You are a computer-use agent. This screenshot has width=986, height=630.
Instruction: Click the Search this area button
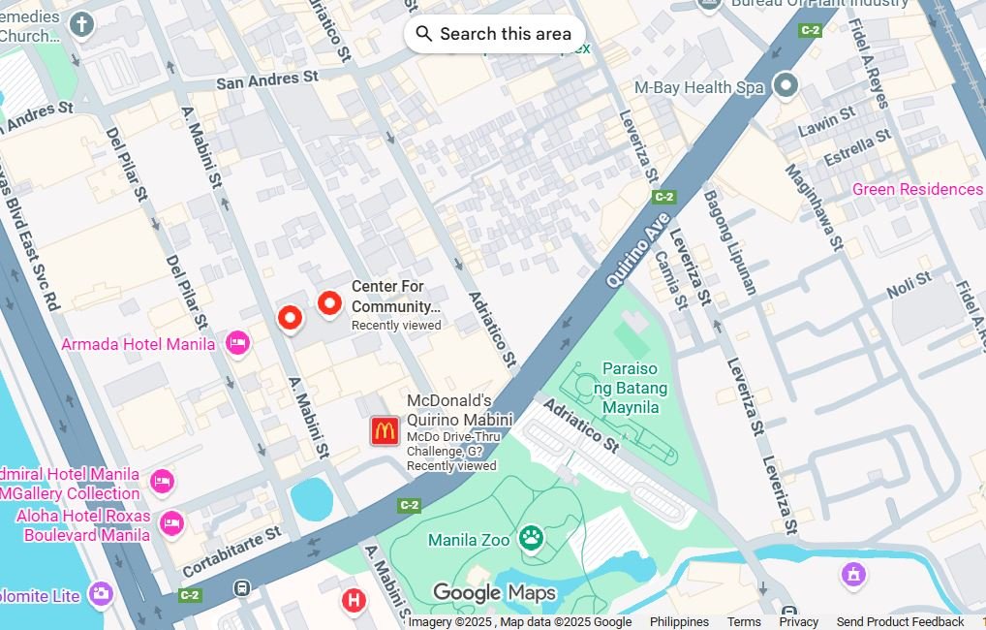pos(494,34)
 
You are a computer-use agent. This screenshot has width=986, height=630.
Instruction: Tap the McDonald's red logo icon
pos(385,431)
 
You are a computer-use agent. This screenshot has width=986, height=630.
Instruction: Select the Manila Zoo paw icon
pos(531,538)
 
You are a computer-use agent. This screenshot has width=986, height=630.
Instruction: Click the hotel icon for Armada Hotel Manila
pos(237,342)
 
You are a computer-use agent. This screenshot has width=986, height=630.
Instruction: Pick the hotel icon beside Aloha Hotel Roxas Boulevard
pos(171,523)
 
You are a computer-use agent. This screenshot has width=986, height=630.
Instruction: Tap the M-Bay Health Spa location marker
pos(786,86)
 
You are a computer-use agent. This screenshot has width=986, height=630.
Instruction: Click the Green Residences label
pos(916,189)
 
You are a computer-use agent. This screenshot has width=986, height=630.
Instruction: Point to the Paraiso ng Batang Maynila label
pos(631,388)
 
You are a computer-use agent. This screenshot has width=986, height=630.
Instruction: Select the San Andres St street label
pos(266,80)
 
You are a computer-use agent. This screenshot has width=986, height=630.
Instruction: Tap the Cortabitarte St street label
pos(231,551)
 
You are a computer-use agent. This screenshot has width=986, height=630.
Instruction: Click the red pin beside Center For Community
pos(329,303)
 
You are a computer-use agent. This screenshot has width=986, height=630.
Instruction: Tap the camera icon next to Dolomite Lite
pos(101,594)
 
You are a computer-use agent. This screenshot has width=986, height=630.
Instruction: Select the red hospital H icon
pos(354,601)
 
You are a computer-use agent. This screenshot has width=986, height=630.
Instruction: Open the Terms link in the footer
pos(744,622)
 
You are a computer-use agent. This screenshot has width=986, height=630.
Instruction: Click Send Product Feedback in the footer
pos(900,622)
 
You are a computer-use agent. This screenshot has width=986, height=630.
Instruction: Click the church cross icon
pos(82,24)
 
